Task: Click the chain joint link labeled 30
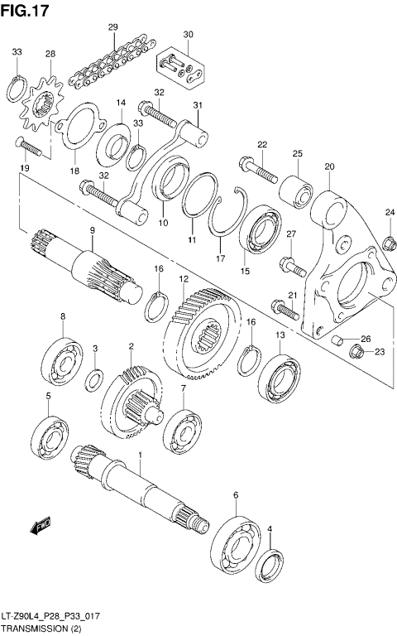click(181, 65)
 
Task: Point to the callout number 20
click(329, 166)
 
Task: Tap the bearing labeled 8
click(63, 354)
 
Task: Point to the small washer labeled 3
click(95, 379)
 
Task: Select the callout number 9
click(93, 229)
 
